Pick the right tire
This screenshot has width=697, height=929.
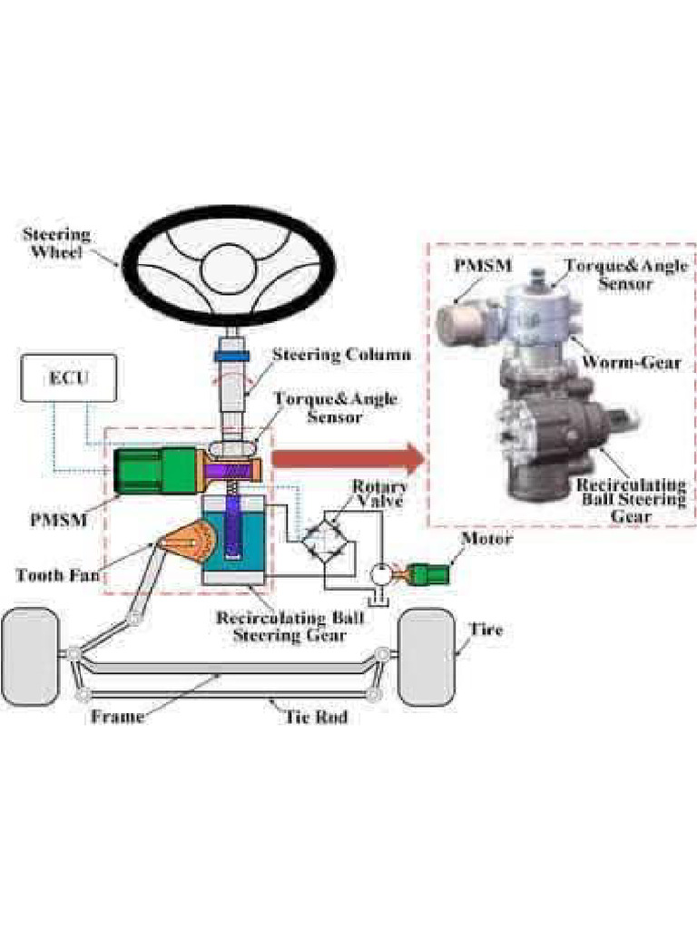click(427, 656)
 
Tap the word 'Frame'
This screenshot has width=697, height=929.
click(117, 717)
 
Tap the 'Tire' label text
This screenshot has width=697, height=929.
click(485, 629)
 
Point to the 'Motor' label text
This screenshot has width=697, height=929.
click(486, 539)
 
